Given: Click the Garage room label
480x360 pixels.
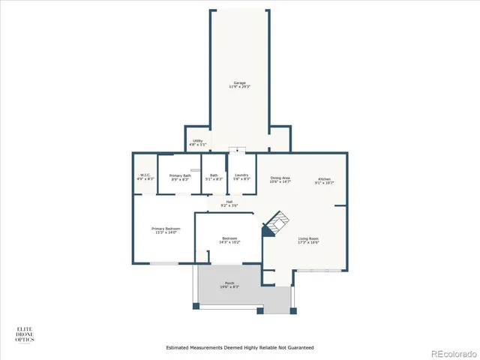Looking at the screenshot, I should coord(238,82).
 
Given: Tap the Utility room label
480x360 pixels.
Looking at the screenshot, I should coord(197,140).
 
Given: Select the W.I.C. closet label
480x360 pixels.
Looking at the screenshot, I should coord(145,175).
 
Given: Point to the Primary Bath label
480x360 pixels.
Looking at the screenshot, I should coord(181,175).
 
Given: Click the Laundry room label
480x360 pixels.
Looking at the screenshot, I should coord(241,175).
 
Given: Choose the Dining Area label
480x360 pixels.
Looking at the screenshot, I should coord(280,178).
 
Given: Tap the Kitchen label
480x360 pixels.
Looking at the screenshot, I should coord(325,178).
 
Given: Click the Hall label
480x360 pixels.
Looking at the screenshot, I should coord(229,201).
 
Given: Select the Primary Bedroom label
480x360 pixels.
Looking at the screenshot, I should coord(166,228).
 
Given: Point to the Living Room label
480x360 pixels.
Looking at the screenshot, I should coord(308,238).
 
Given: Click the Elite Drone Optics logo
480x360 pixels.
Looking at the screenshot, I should coord(25,334).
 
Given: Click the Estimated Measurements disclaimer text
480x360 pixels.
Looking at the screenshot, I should coord(239,348).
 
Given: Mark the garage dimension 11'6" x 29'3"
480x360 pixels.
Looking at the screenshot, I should coord(238,87).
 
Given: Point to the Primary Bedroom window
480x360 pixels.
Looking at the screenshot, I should coord(163,263).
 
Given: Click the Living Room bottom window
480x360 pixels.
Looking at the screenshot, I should coord(323,269).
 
